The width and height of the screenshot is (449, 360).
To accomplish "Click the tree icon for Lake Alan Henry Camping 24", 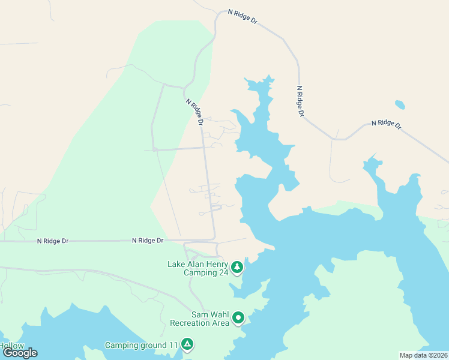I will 237,266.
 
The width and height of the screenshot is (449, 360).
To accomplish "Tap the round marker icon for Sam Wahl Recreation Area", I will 238,317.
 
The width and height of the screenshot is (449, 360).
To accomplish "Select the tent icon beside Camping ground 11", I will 187,344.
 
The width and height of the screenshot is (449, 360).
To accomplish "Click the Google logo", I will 20,353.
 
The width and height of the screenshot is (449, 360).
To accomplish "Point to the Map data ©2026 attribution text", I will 423,355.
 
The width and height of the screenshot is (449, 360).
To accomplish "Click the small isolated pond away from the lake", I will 400,104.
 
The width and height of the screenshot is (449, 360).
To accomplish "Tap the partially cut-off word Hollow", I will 11,346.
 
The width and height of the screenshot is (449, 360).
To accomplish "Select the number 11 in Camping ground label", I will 173,345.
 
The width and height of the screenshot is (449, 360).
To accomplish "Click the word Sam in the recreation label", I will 200,314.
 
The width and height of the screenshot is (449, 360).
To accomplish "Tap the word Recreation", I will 191,323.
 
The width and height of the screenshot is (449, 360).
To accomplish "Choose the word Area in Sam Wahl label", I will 220,323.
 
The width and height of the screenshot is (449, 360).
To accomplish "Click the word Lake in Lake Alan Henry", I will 176,264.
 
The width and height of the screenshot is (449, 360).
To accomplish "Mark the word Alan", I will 196,264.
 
